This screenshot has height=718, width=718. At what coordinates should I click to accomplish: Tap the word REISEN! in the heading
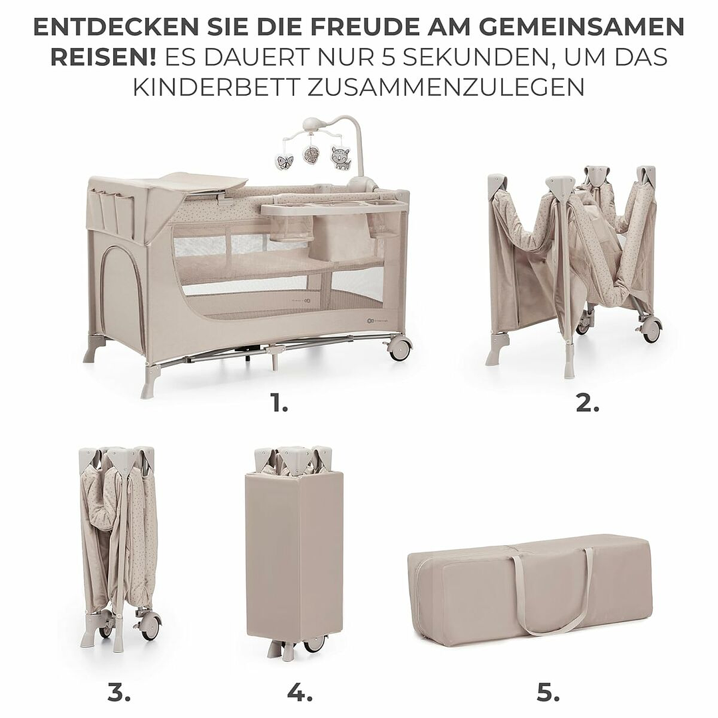[x=102, y=57]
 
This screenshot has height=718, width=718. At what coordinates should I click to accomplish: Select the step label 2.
[x=587, y=404]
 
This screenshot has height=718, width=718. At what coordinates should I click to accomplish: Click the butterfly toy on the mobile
[x=285, y=162]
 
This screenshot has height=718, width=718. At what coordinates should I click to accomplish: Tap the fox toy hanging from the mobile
[x=340, y=158]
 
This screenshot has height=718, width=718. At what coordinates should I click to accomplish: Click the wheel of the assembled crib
[x=399, y=348]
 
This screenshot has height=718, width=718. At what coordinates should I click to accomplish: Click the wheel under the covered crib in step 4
[x=314, y=644]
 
